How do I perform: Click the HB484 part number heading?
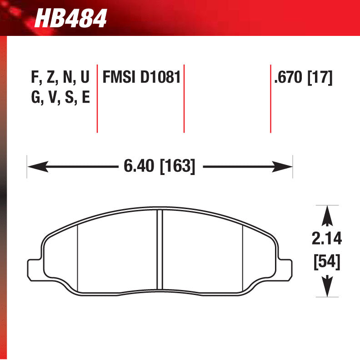click(x=71, y=19)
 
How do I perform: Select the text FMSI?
click(x=120, y=78)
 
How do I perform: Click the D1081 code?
click(x=160, y=78)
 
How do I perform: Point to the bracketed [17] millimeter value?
click(x=320, y=78)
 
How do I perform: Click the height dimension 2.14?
click(x=327, y=238)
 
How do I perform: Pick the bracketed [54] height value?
click(x=327, y=262)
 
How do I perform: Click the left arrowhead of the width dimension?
click(x=36, y=167)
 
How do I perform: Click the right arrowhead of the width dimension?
click(x=284, y=167)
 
